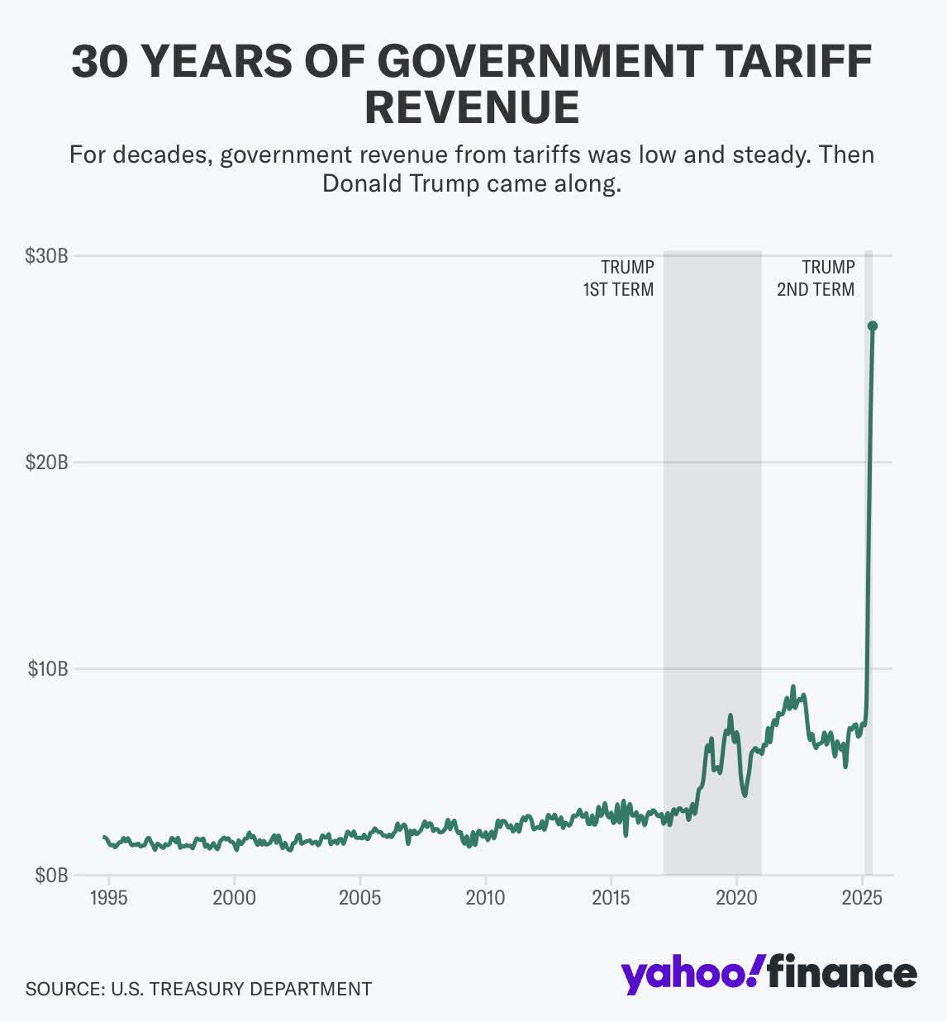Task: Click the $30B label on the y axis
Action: click(46, 255)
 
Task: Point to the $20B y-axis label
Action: click(46, 462)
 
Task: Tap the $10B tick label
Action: click(46, 668)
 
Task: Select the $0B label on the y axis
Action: click(50, 875)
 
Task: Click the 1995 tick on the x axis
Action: click(109, 898)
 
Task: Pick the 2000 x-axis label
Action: click(234, 898)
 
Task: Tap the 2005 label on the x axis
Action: click(359, 898)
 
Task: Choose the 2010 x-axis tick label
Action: click(485, 898)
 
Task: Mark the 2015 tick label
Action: click(611, 898)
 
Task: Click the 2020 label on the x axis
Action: click(736, 898)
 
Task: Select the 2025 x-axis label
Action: click(862, 898)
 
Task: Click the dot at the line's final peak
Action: click(872, 326)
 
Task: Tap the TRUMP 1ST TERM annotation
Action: click(619, 278)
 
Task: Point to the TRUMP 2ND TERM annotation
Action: click(816, 278)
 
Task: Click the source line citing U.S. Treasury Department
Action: click(198, 989)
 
